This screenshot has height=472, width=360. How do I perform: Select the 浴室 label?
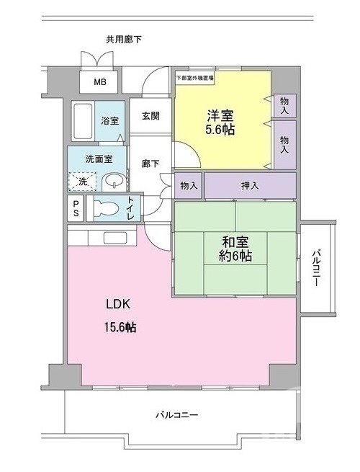tap(109, 121)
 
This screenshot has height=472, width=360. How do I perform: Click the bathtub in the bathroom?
tap(83, 123)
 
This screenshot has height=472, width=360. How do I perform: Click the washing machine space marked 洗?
tap(83, 182)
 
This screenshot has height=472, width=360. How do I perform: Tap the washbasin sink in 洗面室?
tap(112, 181)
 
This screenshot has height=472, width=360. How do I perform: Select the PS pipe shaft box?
tap(76, 208)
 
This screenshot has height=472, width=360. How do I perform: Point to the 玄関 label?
tap(150, 116)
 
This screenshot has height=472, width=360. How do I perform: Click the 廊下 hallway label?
tap(150, 164)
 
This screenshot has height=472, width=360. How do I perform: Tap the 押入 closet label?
tap(250, 186)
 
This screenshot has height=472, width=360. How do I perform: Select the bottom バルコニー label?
tap(176, 415)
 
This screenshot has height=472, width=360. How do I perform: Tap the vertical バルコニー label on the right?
tap(316, 268)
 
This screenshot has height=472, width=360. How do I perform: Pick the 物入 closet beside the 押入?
tap(189, 186)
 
